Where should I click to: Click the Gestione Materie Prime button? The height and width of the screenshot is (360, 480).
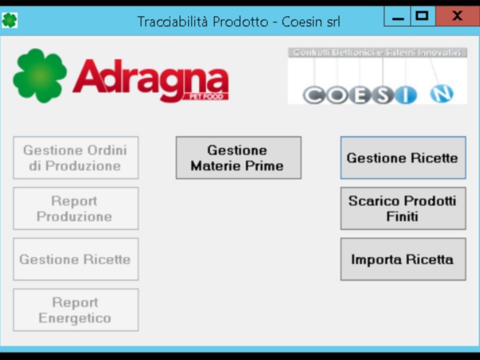[238, 157]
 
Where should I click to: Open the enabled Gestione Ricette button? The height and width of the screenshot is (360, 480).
[403, 157]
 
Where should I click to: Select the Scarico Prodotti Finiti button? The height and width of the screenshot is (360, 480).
[403, 208]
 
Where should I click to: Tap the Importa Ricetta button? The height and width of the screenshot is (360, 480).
[403, 259]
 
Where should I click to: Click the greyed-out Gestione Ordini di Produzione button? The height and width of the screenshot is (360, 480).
[75, 157]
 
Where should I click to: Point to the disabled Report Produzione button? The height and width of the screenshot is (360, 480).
[75, 208]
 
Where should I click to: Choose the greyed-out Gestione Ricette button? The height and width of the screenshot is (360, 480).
[75, 259]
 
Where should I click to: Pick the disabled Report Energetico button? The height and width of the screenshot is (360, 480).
[75, 310]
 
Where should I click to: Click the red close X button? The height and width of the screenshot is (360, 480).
[457, 16]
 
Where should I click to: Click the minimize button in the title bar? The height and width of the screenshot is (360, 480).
[397, 16]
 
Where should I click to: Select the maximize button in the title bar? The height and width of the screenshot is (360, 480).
[422, 16]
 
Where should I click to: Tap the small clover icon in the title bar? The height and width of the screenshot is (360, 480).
[9, 20]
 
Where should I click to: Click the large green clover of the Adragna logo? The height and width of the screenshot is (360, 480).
[40, 75]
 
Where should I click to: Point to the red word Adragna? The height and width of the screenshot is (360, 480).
[150, 79]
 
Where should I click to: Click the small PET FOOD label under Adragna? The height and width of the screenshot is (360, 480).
[206, 97]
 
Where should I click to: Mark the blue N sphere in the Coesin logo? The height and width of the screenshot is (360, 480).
[441, 93]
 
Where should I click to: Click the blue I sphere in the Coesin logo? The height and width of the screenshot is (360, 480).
[405, 95]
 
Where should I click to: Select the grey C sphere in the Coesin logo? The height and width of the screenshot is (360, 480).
[314, 95]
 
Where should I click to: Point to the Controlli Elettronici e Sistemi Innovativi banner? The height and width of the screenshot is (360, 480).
[377, 52]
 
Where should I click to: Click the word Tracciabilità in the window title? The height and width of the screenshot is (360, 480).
[172, 21]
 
